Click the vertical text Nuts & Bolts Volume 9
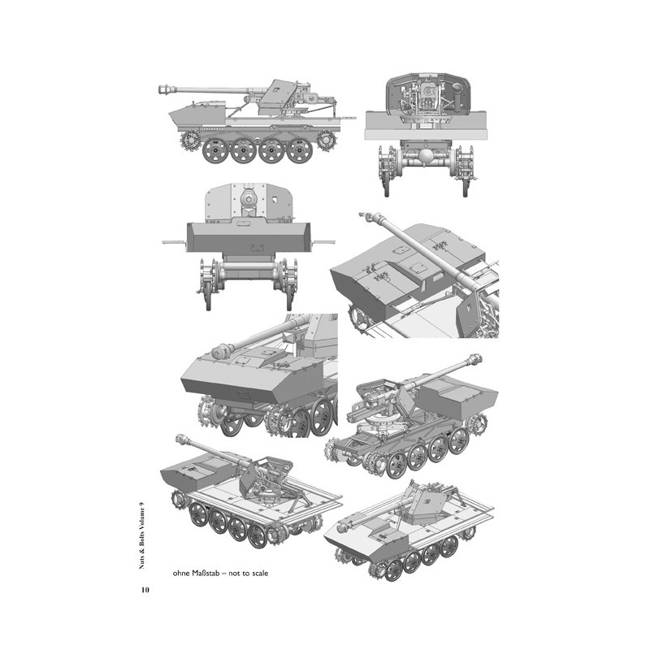tap(145, 529)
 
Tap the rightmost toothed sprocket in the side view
tap(326, 141)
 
